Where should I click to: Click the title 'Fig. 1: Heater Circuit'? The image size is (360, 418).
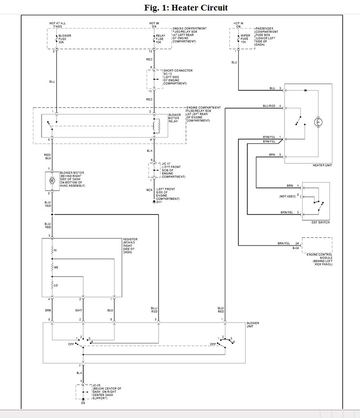[186, 8]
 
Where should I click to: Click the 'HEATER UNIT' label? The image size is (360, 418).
[322, 165]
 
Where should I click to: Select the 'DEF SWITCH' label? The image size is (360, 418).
[320, 223]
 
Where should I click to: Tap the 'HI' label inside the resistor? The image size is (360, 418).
[55, 250]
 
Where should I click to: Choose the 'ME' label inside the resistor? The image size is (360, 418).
[56, 268]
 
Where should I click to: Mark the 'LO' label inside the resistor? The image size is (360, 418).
[56, 285]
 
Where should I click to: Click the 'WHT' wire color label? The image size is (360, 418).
[79, 311]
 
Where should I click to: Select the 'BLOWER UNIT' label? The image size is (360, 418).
[253, 325]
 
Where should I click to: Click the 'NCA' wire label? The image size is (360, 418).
[149, 190]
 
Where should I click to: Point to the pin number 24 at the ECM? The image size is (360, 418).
[296, 244]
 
